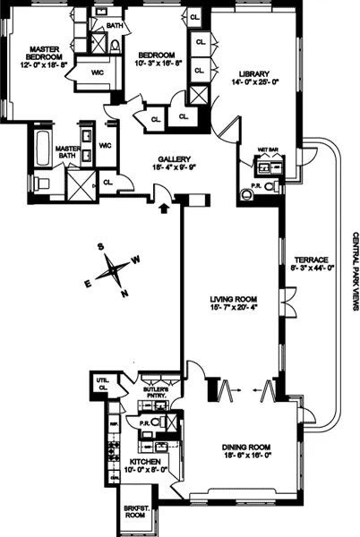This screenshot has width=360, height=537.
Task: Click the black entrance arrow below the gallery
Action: point(163,209)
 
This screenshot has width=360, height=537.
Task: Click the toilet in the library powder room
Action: point(249,191)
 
